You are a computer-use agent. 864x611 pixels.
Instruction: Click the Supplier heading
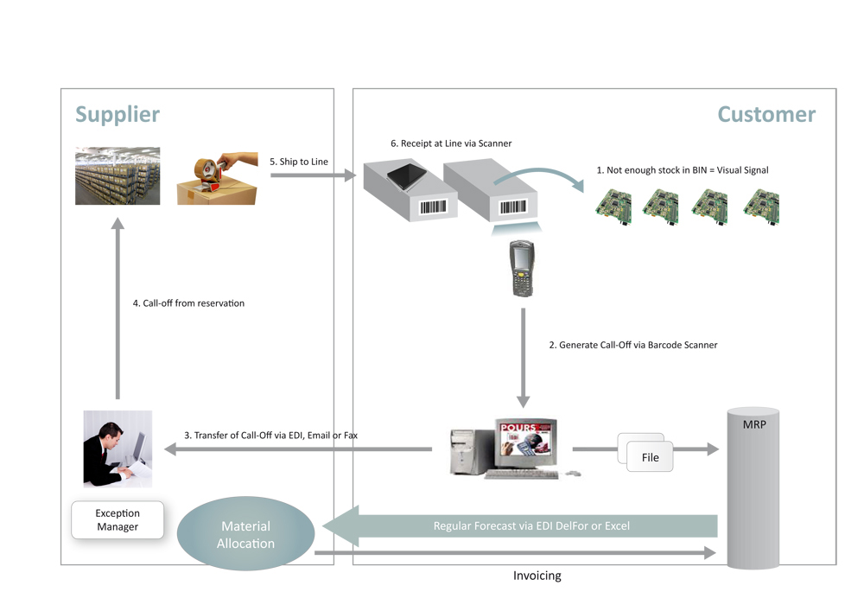pos(118,115)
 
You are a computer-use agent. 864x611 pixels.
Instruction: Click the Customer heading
pos(766,115)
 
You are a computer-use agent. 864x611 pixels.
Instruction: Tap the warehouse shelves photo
pos(118,175)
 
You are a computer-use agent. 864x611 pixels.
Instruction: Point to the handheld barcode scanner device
pos(521,268)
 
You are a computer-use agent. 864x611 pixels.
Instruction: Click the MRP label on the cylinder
pos(753,424)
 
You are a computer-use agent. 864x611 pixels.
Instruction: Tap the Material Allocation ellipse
pos(245,533)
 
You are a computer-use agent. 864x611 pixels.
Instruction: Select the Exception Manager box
pos(118,519)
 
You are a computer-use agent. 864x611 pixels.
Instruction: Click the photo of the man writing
pos(118,449)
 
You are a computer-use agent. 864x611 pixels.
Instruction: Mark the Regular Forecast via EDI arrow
pos(519,526)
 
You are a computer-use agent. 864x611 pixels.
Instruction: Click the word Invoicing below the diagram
pos(537,576)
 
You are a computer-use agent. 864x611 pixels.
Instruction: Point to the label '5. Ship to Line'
pos(299,162)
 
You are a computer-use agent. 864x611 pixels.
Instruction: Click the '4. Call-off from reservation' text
pos(188,303)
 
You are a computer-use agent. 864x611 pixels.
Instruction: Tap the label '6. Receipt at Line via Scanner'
pos(451,143)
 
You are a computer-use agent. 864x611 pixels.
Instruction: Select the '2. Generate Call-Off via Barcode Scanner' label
pos(633,345)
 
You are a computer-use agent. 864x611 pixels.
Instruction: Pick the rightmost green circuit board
pos(761,207)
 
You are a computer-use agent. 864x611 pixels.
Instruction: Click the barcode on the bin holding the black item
pos(433,207)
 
